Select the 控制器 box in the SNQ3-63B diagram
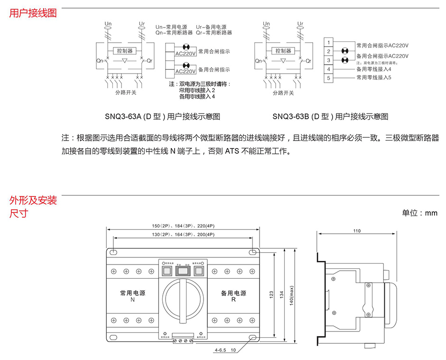(x=283, y=50)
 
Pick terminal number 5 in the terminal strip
(x=328, y=77)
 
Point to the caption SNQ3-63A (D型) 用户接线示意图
(x=162, y=116)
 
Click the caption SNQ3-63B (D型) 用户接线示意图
(x=330, y=116)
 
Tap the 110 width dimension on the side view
(x=357, y=231)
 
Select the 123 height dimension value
(x=271, y=294)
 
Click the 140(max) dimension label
(x=291, y=294)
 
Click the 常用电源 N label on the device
(x=132, y=296)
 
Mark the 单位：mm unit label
(x=419, y=213)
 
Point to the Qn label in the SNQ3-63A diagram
(x=99, y=61)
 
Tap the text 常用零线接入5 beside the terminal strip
(x=373, y=77)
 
